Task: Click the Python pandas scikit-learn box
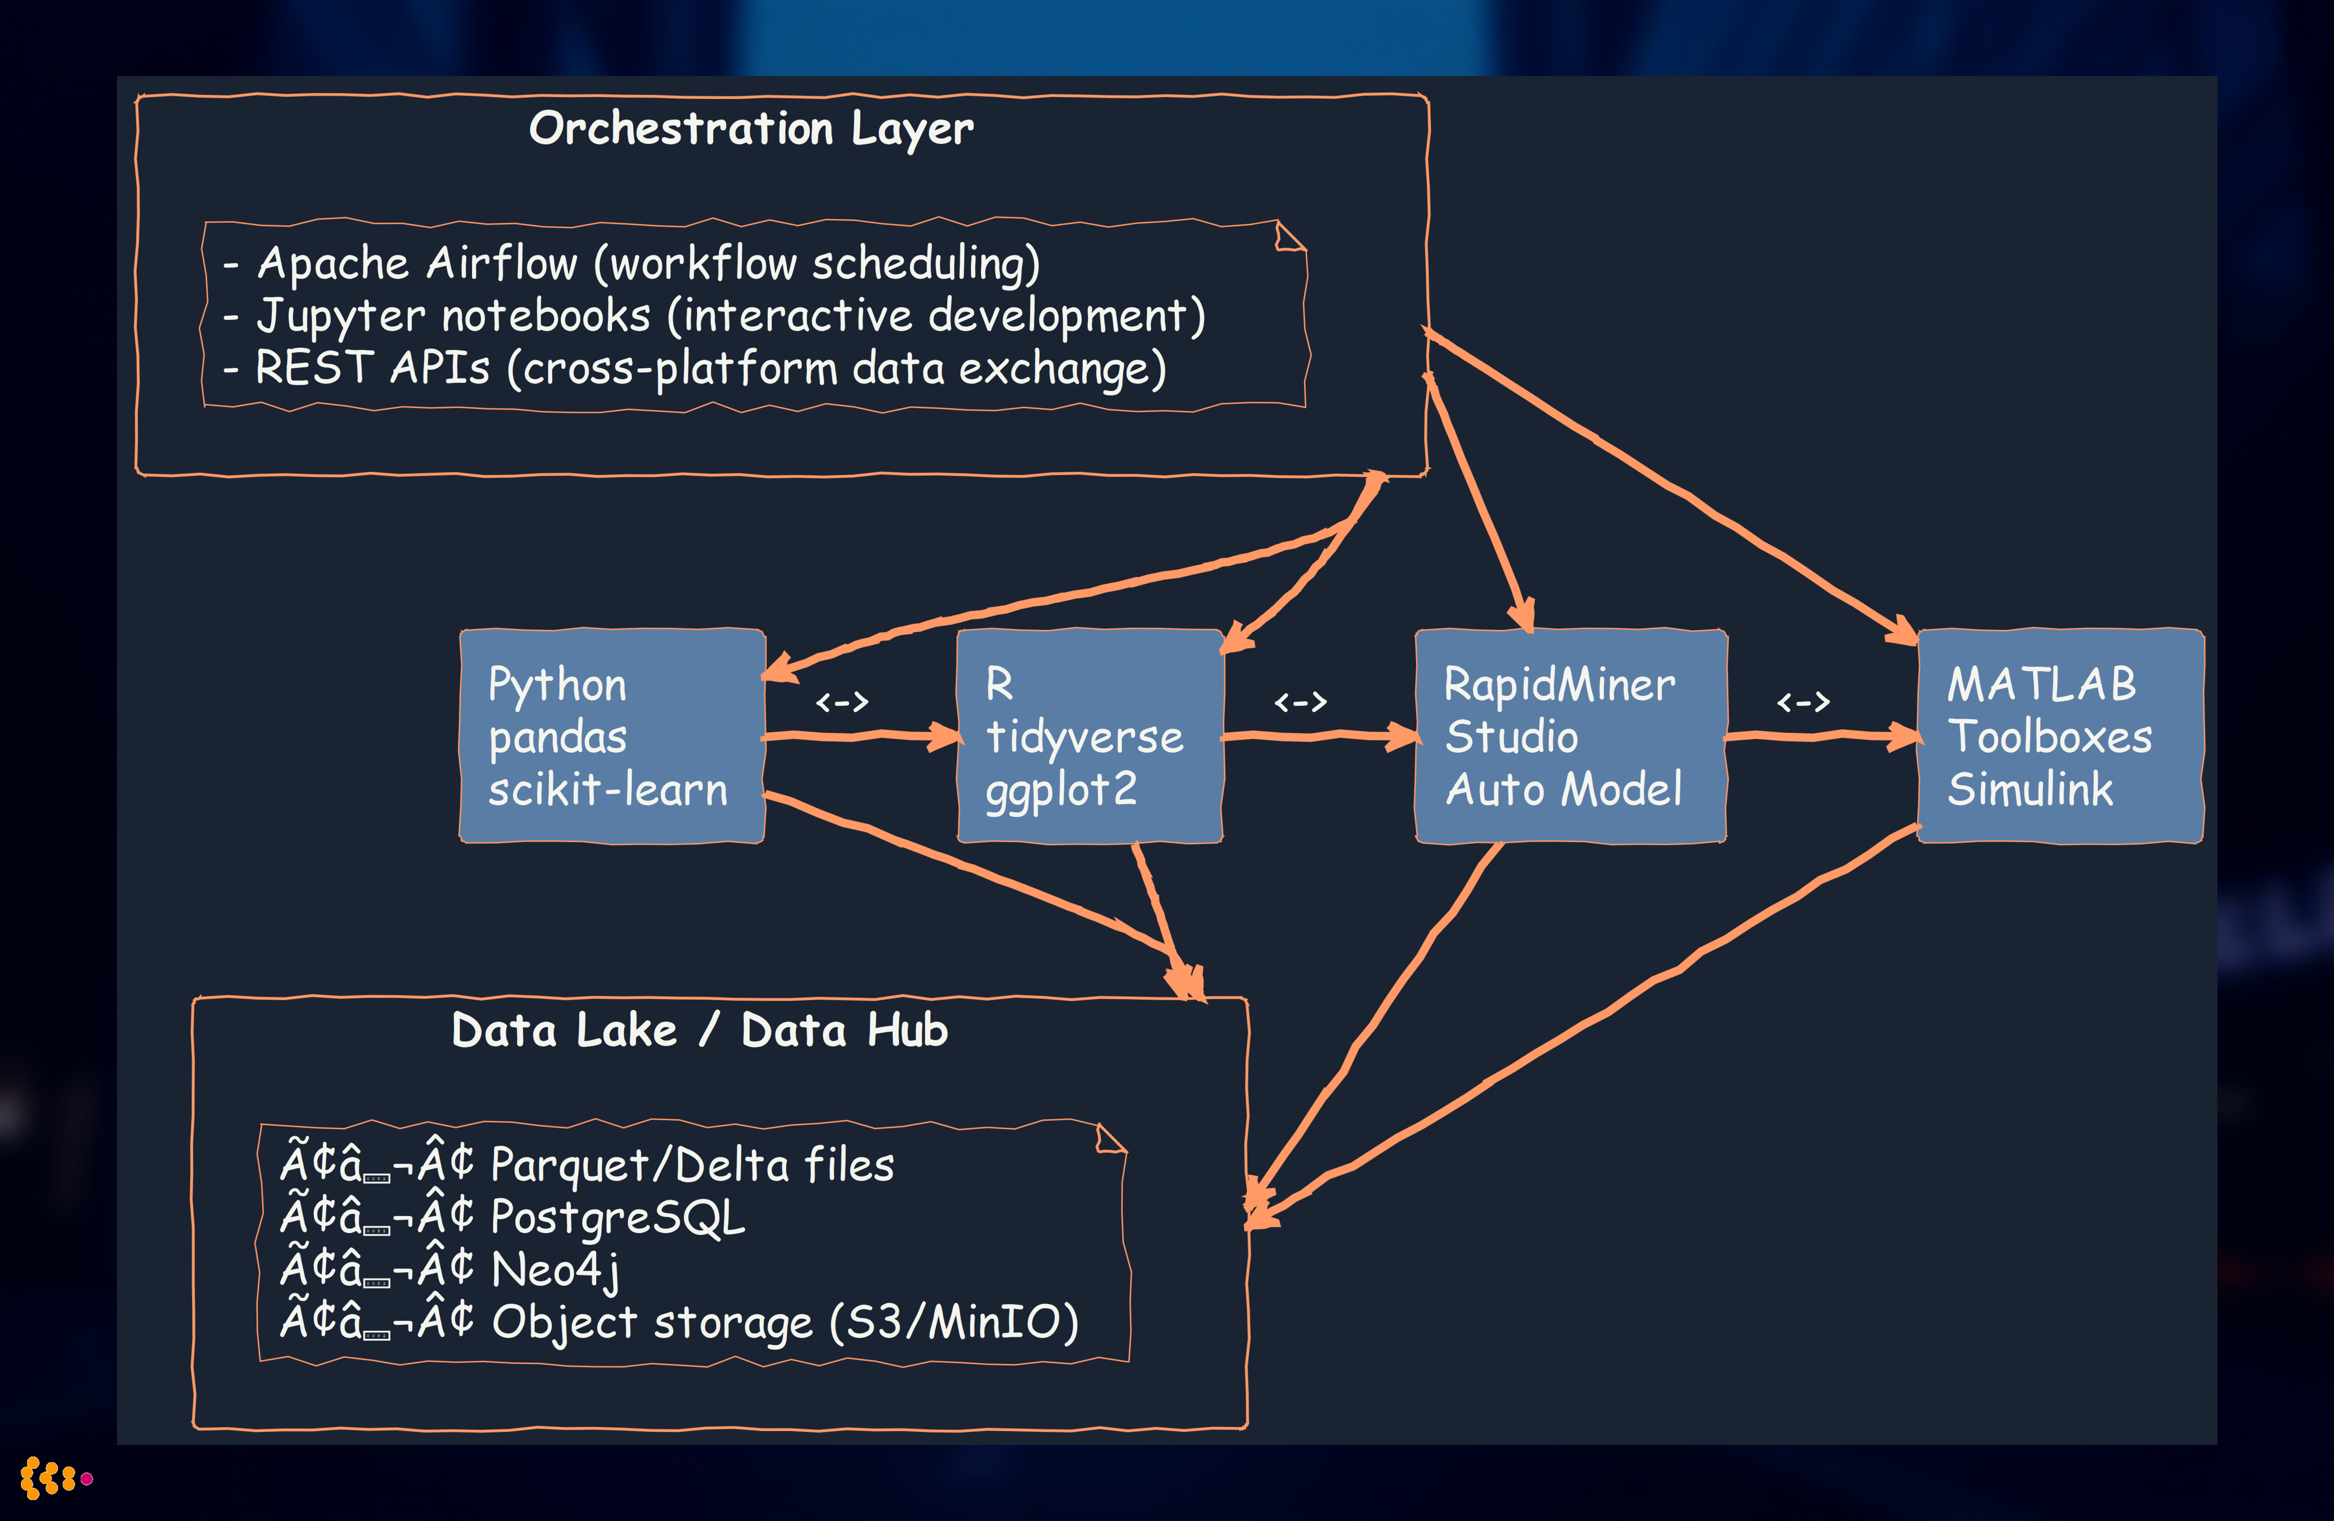pos(611,735)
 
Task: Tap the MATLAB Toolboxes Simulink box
pos(2059,735)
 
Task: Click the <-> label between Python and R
pos(841,702)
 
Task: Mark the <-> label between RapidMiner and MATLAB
pos(1802,702)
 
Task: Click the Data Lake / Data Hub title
pos(699,1031)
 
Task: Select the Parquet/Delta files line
pos(691,1165)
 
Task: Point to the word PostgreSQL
pos(618,1217)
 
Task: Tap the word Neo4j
pos(555,1270)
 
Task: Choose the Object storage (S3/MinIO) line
pos(784,1322)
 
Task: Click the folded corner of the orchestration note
pos(1289,236)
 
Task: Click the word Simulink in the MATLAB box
pos(2030,789)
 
